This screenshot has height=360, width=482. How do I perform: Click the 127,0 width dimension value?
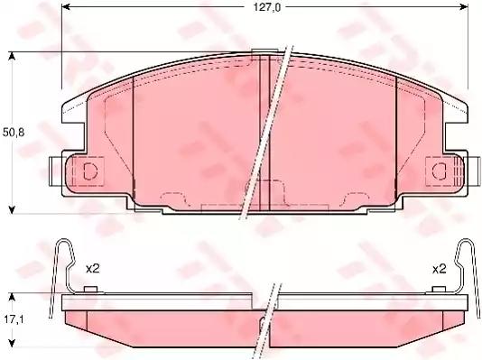pos(267,7)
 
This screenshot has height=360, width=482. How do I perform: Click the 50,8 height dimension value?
pos(14,133)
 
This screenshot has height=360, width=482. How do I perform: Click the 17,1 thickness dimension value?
pos(14,319)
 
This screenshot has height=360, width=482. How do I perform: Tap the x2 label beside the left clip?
pos(93,269)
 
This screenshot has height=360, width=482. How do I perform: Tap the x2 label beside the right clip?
pos(440,269)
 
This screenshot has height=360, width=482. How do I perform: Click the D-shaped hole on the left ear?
pos(90,171)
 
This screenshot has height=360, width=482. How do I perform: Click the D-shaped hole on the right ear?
pos(439,171)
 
